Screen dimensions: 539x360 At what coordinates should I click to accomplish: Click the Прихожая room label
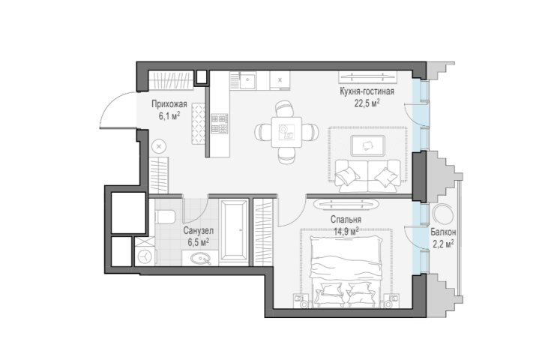(x=169, y=103)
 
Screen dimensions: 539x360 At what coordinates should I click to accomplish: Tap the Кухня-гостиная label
(x=367, y=91)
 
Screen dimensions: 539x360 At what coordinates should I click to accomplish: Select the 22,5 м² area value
(x=367, y=103)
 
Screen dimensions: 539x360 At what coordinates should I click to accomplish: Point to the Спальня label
(x=346, y=219)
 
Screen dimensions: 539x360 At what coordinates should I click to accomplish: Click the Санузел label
(x=198, y=230)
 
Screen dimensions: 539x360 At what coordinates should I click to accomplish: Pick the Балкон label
(x=443, y=232)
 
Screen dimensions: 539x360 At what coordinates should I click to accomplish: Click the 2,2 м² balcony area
(x=443, y=244)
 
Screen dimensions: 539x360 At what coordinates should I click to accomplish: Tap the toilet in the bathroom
(x=165, y=217)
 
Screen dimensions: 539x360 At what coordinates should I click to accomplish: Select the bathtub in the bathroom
(x=234, y=232)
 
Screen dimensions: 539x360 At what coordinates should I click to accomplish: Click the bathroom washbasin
(x=200, y=259)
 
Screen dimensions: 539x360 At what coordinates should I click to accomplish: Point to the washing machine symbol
(x=145, y=256)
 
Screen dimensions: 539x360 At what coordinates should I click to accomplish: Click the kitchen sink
(x=247, y=80)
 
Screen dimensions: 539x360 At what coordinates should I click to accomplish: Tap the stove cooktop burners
(x=220, y=124)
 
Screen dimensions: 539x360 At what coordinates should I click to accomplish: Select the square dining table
(x=286, y=133)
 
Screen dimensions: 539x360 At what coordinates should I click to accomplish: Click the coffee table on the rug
(x=367, y=145)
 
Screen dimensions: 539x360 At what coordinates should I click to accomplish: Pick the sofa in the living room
(x=368, y=175)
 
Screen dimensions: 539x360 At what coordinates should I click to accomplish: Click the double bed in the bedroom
(x=346, y=271)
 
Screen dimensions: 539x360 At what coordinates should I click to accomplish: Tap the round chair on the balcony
(x=443, y=214)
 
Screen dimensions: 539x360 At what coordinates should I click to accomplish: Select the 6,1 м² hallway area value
(x=169, y=115)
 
